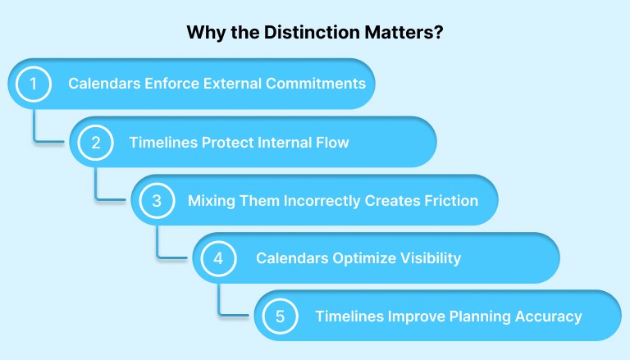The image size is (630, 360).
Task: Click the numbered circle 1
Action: tap(34, 84)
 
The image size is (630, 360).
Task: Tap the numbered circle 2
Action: tap(95, 142)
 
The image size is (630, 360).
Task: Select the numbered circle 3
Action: tap(156, 200)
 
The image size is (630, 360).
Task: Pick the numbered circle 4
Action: tap(217, 258)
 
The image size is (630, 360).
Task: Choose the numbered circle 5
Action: tap(279, 316)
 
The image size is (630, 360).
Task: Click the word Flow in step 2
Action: tap(331, 142)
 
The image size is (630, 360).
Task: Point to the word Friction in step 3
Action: tap(452, 200)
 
